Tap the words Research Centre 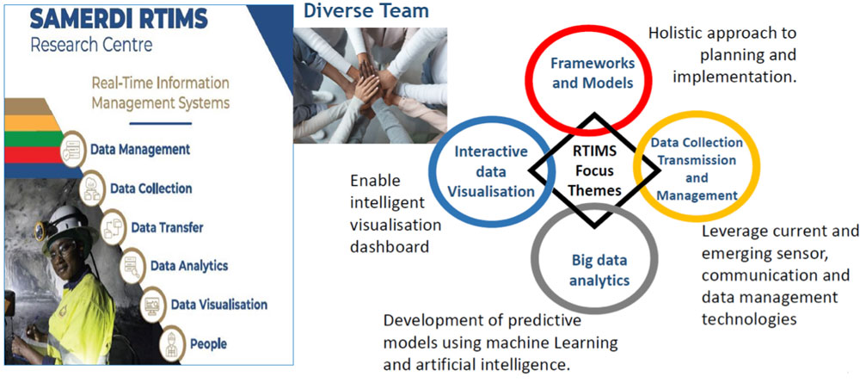click(x=91, y=45)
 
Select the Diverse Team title click(x=365, y=9)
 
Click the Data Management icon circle click(x=73, y=149)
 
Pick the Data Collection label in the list click(x=151, y=188)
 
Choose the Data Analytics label click(x=189, y=266)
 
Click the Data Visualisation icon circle click(x=153, y=305)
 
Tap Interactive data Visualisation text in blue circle click(x=491, y=171)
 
